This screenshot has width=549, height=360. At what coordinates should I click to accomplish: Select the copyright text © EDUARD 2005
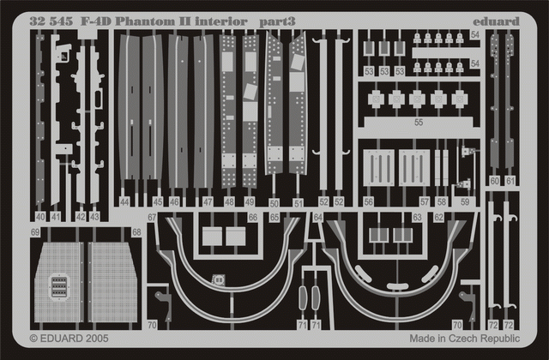[70, 339]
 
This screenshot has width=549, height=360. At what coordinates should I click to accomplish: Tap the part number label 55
[418, 123]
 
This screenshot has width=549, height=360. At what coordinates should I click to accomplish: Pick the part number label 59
[464, 202]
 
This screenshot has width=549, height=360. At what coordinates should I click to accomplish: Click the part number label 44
[125, 202]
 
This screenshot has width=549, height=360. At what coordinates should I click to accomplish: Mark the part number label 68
[136, 232]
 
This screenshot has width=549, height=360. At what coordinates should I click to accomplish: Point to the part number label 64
[317, 218]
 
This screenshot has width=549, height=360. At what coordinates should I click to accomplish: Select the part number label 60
[494, 181]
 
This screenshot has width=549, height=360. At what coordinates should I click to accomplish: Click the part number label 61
[510, 181]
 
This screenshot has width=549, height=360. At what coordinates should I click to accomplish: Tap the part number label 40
[40, 217]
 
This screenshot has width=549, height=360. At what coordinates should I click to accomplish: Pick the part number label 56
[367, 202]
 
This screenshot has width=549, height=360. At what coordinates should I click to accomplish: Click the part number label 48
[229, 202]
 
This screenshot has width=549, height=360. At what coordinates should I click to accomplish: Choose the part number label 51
[298, 203]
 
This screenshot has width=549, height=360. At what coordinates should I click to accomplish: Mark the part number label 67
[151, 218]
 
